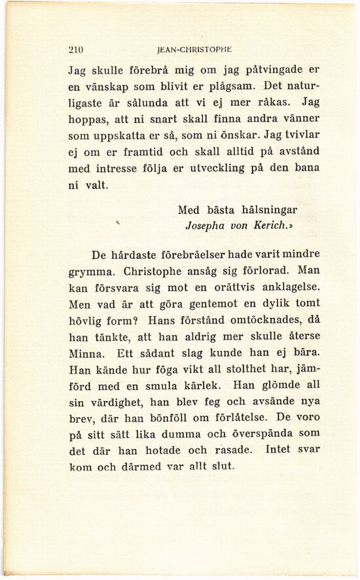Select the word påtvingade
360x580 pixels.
(266, 69)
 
